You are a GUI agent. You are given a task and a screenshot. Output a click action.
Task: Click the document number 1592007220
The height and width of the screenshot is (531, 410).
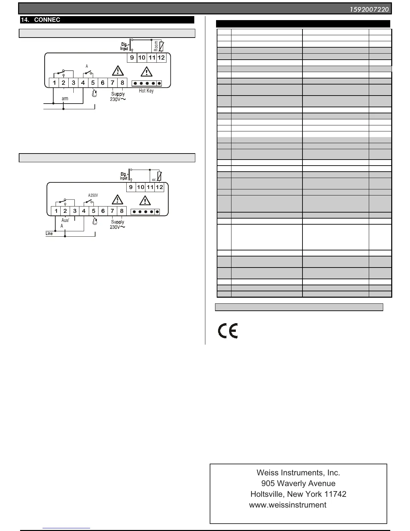point(369,9)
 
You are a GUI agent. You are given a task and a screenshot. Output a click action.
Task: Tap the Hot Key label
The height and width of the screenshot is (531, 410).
point(146,91)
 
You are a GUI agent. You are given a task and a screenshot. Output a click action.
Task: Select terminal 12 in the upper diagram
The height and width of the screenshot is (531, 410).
point(161,57)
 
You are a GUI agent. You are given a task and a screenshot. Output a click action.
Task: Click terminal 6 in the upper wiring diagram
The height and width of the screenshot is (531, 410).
point(102,82)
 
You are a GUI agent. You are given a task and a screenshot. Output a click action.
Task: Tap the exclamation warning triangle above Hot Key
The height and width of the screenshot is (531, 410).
point(146,71)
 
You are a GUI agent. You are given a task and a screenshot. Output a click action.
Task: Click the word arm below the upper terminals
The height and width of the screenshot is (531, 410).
point(65,99)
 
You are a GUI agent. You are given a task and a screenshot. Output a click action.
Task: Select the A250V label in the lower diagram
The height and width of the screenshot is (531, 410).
point(93,195)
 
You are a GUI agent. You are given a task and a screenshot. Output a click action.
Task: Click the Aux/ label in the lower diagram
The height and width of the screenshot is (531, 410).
point(65,220)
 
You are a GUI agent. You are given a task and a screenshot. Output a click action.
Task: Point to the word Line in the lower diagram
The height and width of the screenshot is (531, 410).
point(49,233)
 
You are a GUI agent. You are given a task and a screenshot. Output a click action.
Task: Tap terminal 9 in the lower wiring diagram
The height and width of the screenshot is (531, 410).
point(131,187)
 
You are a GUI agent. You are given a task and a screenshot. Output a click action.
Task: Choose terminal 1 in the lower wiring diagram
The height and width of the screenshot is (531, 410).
point(56,211)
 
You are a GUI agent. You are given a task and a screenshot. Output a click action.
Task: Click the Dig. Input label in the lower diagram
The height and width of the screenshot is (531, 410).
point(124,176)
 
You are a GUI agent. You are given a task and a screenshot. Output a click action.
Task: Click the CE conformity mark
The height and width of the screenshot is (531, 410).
point(228,331)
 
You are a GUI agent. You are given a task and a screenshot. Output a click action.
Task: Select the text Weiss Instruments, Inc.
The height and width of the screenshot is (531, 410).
point(298,473)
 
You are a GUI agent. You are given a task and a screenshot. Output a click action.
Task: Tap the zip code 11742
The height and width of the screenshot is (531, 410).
point(335,494)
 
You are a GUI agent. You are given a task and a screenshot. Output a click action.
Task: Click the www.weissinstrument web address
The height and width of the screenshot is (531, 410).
point(288,505)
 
